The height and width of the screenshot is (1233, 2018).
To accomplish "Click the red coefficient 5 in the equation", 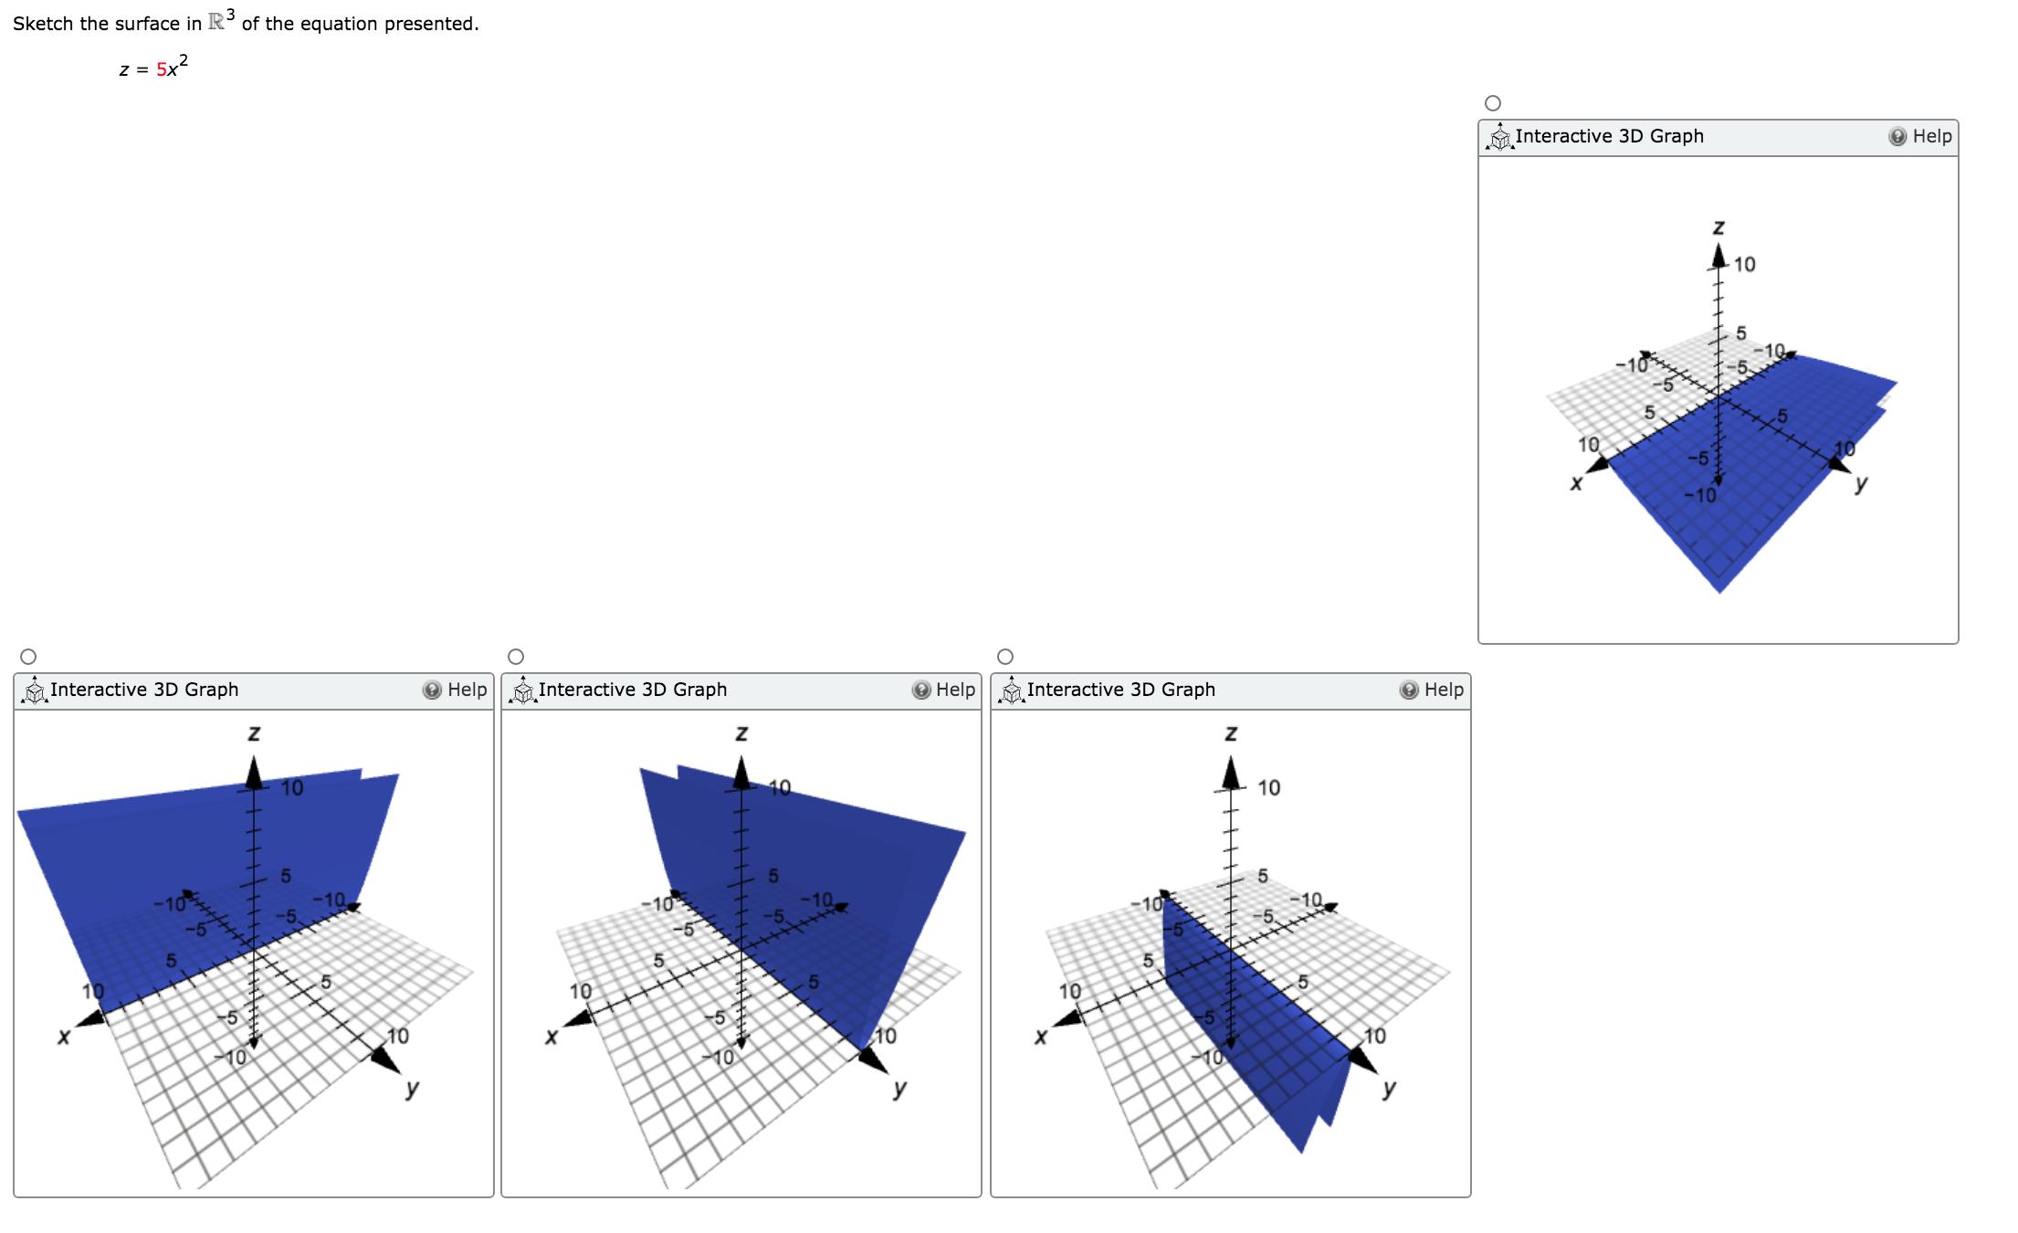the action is (161, 70).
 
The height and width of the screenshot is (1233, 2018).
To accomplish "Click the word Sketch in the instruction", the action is (43, 24).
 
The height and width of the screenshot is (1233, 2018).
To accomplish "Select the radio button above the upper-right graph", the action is (1493, 103).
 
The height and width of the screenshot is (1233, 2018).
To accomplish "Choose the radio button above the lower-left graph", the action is (28, 657).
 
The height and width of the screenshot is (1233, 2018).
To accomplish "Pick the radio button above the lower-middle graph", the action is (516, 657).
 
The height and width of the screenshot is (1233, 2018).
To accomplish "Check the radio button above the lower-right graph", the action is (1005, 657).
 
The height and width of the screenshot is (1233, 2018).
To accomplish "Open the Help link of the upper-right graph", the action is (1921, 136).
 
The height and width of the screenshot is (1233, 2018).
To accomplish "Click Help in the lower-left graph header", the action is (456, 690).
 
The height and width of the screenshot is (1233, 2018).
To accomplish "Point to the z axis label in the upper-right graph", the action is (1718, 226).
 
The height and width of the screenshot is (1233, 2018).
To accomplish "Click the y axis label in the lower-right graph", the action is (1388, 1089).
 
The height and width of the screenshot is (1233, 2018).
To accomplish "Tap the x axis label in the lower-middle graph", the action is (551, 1037).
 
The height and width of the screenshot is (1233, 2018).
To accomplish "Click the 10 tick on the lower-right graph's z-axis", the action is (1268, 787).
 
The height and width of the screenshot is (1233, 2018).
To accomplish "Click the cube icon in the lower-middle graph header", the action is (522, 691).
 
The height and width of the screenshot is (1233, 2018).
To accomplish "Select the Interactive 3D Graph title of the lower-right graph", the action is (1120, 690).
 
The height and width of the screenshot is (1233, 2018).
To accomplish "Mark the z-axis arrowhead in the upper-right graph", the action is (1718, 254).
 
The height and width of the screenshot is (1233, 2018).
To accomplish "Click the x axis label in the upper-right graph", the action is (1575, 484).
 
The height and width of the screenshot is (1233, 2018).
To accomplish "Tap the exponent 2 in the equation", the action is (184, 61).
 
